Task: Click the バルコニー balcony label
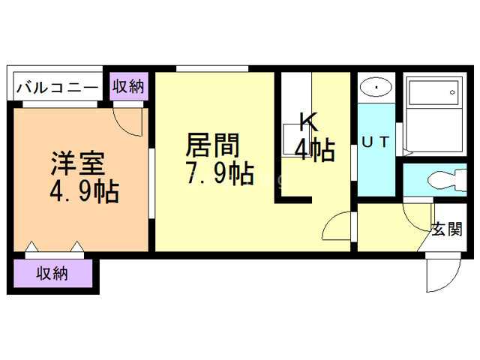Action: (56, 87)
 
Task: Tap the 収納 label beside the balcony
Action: (127, 87)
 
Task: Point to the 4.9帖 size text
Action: (83, 193)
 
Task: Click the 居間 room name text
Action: (212, 144)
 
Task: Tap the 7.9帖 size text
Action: (218, 173)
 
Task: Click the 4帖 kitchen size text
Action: (314, 151)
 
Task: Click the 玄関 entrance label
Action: (445, 230)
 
